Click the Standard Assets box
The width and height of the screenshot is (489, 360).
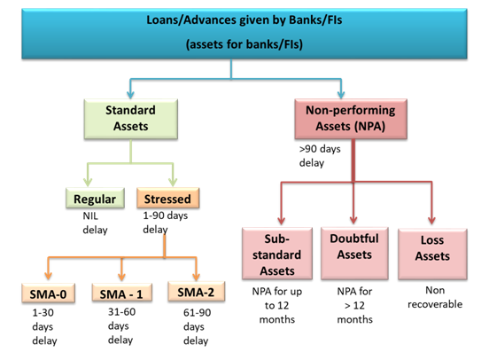pos(131,119)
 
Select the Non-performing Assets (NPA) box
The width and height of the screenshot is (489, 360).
pos(351,119)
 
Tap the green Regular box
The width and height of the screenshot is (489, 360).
pos(95,198)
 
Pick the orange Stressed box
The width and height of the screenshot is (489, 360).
pos(167,198)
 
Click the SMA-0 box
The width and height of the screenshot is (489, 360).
pos(49,293)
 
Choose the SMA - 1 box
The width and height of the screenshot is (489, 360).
pos(122,293)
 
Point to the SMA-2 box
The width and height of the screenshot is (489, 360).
pos(196,292)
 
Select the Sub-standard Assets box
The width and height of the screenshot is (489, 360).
pos(277,254)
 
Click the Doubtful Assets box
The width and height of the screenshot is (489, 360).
pos(354,254)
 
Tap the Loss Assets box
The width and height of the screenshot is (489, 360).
pos(432,254)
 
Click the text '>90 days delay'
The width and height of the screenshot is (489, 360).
pos(320,156)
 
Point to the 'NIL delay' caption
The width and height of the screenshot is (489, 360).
pos(95,223)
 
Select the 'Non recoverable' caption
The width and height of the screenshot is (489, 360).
pos(435,297)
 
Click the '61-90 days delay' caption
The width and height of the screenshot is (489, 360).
pos(197,326)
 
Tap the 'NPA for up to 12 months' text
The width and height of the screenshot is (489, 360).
pos(277,305)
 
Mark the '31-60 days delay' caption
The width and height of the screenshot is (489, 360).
pos(121,325)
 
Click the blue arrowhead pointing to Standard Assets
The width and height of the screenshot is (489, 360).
pos(131,95)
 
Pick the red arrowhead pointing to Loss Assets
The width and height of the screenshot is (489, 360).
pos(432,220)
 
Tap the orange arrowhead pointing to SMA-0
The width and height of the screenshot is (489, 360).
pos(48,276)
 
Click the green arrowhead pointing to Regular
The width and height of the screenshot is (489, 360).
pos(88,182)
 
